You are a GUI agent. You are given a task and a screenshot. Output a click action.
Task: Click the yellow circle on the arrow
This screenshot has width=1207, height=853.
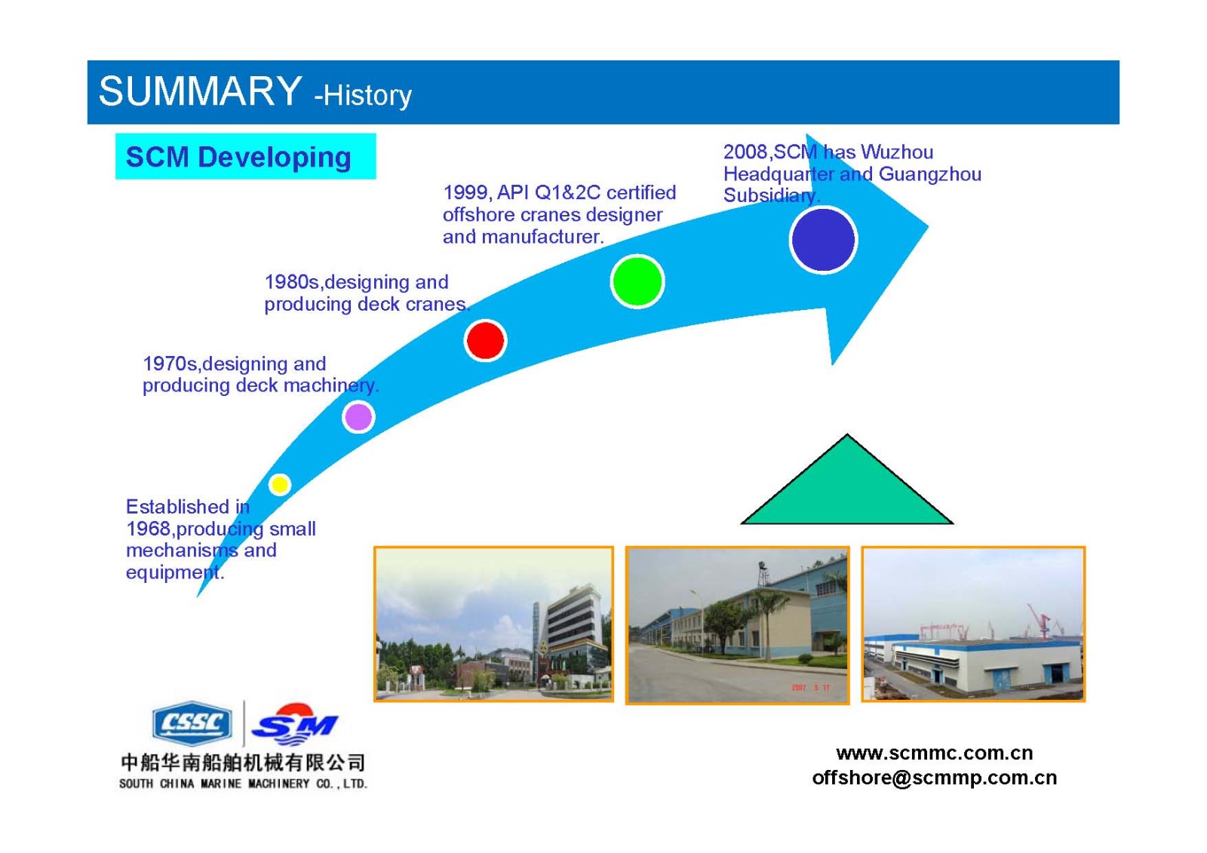pos(280,484)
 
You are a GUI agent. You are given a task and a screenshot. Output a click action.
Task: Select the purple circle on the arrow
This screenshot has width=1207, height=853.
pos(358,416)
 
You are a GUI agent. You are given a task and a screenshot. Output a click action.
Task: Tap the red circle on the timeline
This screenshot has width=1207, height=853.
pos(485,341)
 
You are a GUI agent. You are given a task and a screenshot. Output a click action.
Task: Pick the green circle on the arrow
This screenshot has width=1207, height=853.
pos(637,281)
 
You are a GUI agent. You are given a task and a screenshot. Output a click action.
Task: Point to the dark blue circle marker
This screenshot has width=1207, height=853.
pos(823,241)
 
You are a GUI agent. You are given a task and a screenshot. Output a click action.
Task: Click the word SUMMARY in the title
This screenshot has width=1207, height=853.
pos(200,91)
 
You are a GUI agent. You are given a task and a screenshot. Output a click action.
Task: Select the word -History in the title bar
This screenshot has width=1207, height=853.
pos(363,95)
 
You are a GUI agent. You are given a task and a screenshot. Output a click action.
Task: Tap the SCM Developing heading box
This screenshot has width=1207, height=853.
pos(246,156)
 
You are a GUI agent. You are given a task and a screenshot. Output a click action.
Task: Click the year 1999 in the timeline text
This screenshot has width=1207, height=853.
pos(465,192)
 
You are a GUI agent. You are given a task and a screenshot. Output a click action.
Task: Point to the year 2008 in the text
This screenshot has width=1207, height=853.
pos(745,152)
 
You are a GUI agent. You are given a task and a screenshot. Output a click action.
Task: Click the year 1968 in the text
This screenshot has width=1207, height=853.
pos(148,529)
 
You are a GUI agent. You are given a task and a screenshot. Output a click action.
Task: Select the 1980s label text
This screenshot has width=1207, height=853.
pos(293,282)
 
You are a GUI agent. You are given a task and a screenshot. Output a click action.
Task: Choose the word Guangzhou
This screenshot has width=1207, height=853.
pos(930,174)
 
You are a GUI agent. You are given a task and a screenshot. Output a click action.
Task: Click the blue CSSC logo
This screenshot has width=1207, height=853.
pos(192,723)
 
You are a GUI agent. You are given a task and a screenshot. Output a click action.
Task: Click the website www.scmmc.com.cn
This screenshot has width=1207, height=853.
pos(935,753)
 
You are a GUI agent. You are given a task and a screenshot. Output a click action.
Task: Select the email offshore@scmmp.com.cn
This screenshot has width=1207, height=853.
pos(935,778)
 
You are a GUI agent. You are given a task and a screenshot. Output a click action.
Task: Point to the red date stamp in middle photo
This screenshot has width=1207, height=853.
pos(810,688)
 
